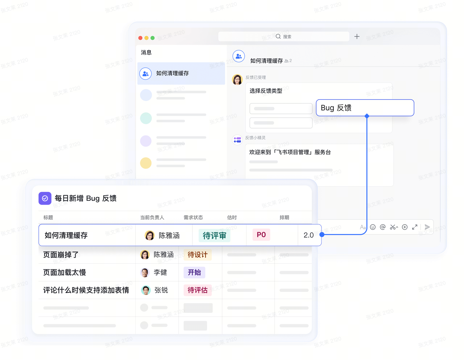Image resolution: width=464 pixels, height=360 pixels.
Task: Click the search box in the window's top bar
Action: pyautogui.click(x=283, y=37)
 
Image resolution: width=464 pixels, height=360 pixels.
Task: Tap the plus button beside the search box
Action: pyautogui.click(x=357, y=37)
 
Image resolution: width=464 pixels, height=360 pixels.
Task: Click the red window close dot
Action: pyautogui.click(x=140, y=38)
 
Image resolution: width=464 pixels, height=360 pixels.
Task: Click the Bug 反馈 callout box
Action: pyautogui.click(x=365, y=108)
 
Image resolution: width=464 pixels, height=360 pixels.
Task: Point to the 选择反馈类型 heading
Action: pyautogui.click(x=266, y=91)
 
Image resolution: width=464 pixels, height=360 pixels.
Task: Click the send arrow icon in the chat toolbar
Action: pyautogui.click(x=427, y=227)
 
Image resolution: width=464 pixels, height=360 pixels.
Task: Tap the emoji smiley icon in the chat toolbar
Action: pyautogui.click(x=373, y=227)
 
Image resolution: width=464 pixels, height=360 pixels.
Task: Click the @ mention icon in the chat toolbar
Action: pyautogui.click(x=382, y=227)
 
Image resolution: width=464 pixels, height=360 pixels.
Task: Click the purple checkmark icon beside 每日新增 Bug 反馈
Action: pyautogui.click(x=45, y=198)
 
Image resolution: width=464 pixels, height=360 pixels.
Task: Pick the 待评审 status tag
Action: pyautogui.click(x=214, y=236)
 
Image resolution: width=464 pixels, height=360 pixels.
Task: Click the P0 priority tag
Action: pyautogui.click(x=261, y=235)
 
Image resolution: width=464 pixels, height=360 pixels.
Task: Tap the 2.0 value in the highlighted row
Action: pyautogui.click(x=308, y=235)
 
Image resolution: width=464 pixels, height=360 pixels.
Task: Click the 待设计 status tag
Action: pyautogui.click(x=198, y=255)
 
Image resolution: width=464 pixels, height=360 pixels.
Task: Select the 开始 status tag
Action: pyautogui.click(x=194, y=272)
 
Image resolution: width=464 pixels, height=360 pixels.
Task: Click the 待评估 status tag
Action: pyautogui.click(x=198, y=290)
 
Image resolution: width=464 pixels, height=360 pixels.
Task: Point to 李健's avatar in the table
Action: pyautogui.click(x=145, y=272)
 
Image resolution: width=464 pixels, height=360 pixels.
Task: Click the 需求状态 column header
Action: pyautogui.click(x=193, y=218)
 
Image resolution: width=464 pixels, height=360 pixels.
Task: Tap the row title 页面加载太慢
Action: pyautogui.click(x=65, y=272)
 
